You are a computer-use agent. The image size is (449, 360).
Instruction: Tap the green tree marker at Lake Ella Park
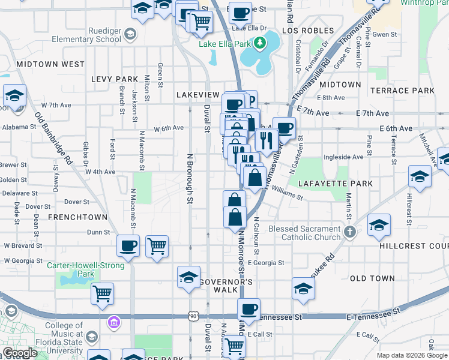260,43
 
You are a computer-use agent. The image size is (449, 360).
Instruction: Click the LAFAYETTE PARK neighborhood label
339,183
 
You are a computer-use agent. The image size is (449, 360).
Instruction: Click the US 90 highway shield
192,316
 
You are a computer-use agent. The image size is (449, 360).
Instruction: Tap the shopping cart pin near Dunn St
157,245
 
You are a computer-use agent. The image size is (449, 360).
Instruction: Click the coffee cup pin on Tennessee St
248,310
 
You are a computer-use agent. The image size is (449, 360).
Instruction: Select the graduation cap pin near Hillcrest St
420,176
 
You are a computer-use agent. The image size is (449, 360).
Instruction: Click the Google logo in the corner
20,353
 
